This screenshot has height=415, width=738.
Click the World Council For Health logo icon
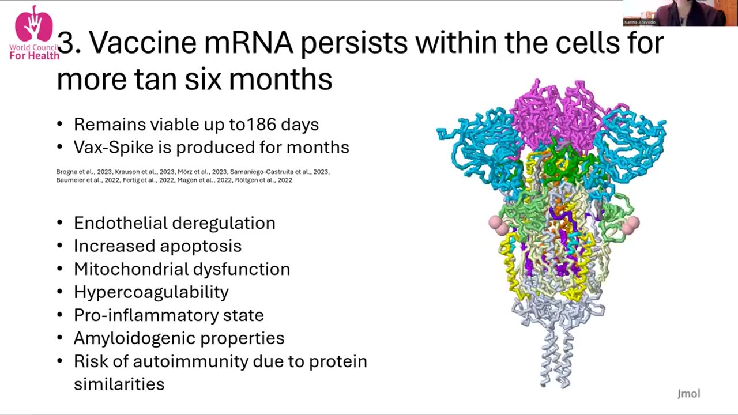(33, 24)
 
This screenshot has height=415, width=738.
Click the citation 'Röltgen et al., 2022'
(263, 180)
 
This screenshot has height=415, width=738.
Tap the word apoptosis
(201, 246)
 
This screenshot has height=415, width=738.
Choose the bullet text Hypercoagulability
(151, 292)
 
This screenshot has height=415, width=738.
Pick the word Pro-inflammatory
(137, 315)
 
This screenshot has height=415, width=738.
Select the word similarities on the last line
(119, 384)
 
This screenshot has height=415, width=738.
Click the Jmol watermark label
(688, 394)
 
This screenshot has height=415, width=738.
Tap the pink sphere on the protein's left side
(499, 224)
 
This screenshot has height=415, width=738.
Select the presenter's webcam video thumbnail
(680, 13)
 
